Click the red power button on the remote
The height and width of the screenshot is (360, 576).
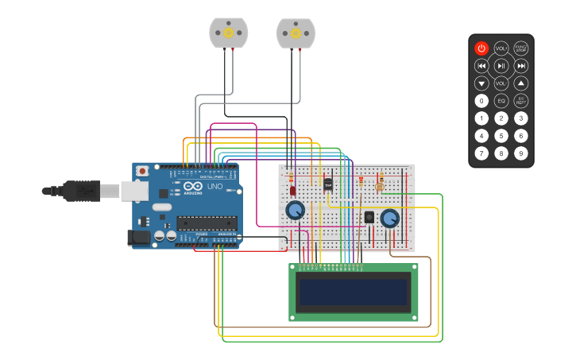click(481, 48)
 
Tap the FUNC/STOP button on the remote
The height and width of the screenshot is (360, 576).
click(520, 48)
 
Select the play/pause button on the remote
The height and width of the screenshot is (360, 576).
click(501, 66)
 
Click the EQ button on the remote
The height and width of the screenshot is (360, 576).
click(501, 101)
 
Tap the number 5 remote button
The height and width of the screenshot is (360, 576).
click(501, 136)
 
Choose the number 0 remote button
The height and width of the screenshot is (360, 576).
click(481, 101)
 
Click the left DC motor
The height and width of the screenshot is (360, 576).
click(229, 33)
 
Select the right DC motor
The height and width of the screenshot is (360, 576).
click(296, 33)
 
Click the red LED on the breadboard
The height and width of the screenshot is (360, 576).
click(292, 191)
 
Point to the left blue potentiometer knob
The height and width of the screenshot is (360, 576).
click(295, 211)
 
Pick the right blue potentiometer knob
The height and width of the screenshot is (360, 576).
click(389, 219)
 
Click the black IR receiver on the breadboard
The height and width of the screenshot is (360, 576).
click(369, 217)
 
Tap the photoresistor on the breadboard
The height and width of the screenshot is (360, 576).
click(379, 187)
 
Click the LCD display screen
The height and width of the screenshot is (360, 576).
click(353, 292)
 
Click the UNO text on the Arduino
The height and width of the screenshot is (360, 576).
click(215, 187)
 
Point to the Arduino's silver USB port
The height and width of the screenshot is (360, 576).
click(134, 191)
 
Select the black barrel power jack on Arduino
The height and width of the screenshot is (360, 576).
click(139, 237)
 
